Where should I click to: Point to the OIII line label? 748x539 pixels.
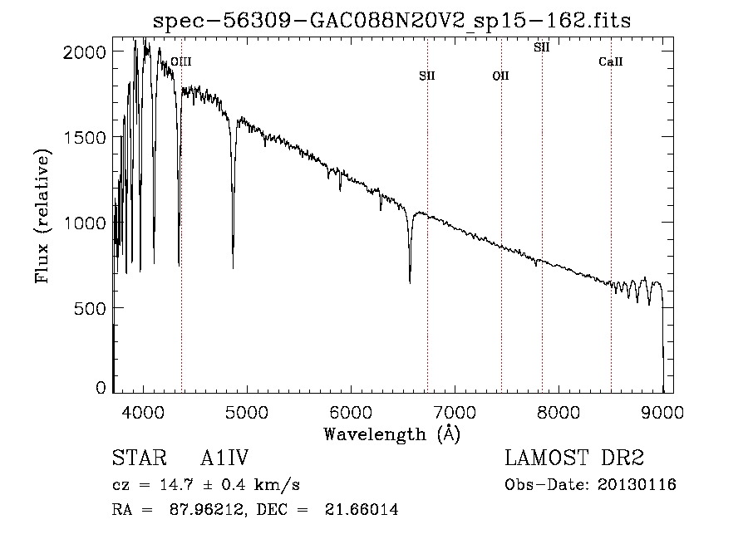pos(181,61)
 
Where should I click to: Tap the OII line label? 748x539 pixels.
pos(500,76)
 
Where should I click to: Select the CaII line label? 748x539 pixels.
pos(611,62)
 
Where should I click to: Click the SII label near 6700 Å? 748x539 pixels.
pos(427,76)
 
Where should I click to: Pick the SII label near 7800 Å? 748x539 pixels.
pos(542,47)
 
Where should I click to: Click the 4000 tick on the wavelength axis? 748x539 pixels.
pos(144,412)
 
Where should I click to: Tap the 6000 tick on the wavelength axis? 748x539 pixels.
pos(352,412)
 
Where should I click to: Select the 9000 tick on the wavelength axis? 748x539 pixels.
pos(662,412)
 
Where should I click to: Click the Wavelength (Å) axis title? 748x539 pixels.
pos(391,434)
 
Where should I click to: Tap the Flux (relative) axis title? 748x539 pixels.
pos(42,215)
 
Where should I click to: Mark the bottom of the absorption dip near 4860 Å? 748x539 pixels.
pos(233,267)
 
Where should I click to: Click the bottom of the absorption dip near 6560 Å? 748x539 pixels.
pos(410,282)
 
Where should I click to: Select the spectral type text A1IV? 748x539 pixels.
pos(224,458)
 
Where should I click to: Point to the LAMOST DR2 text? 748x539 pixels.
pos(574,458)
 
